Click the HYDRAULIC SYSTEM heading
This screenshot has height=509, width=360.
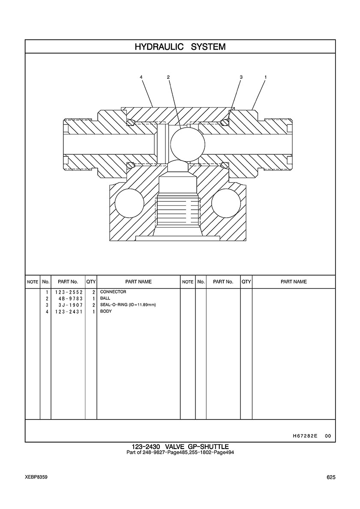pos(180,47)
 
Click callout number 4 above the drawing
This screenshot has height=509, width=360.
pos(141,77)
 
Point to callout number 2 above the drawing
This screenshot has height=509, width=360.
pos(168,77)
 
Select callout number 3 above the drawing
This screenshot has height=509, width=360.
pos(241,77)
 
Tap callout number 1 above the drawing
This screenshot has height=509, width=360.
pos(266,77)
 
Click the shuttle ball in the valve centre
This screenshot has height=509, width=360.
pos(188,143)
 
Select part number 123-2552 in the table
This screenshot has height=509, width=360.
pos(69,292)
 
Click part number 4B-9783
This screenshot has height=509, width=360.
pos(70,299)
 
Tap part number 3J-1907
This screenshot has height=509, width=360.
pos(70,305)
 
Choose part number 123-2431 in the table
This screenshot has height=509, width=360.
pos(69,311)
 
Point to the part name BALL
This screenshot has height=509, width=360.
pos(105,298)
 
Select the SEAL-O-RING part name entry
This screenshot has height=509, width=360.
pos(126,305)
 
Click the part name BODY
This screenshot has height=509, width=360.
pos(106,311)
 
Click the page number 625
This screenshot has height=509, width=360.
pos(331,477)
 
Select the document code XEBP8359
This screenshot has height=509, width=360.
pos(36,477)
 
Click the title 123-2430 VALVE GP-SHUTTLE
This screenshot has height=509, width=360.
pos(180,447)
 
